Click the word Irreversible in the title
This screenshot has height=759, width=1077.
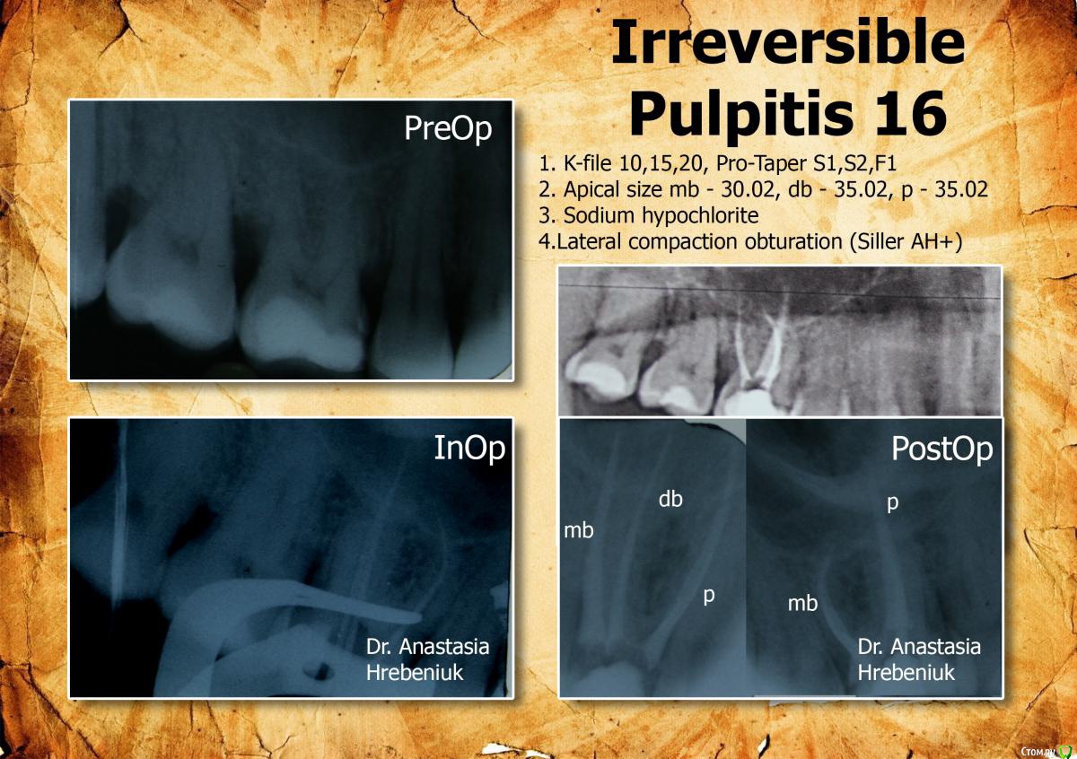[x=788, y=42]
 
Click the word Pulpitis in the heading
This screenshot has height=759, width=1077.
[x=740, y=117]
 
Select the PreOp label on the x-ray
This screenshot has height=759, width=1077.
[x=448, y=129]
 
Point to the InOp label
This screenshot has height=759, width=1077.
[x=469, y=448]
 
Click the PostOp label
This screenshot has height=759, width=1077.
[x=941, y=449]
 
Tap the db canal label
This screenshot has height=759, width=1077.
[x=670, y=500]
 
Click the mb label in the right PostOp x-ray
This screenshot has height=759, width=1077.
[x=802, y=603]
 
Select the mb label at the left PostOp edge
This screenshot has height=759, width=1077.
[x=579, y=531]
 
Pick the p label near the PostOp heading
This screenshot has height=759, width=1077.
[x=892, y=503]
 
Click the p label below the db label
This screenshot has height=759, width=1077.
[x=709, y=597]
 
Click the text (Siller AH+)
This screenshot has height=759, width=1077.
[x=906, y=242]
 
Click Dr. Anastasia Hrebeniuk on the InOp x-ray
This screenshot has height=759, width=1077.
[x=427, y=660]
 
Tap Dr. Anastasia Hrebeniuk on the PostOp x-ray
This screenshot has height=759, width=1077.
[x=919, y=660]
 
